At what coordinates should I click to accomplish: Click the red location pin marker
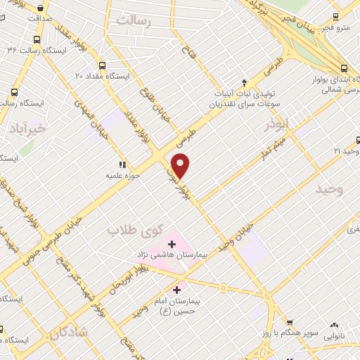click(181, 165)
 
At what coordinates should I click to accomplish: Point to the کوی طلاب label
click(136, 230)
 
